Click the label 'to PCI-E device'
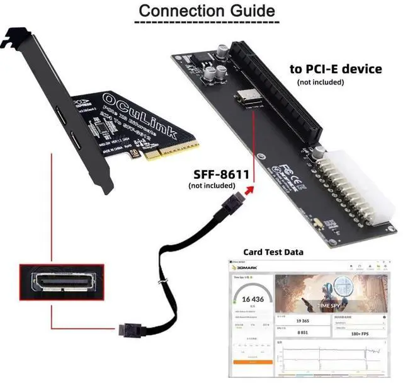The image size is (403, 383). pos(335,69)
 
